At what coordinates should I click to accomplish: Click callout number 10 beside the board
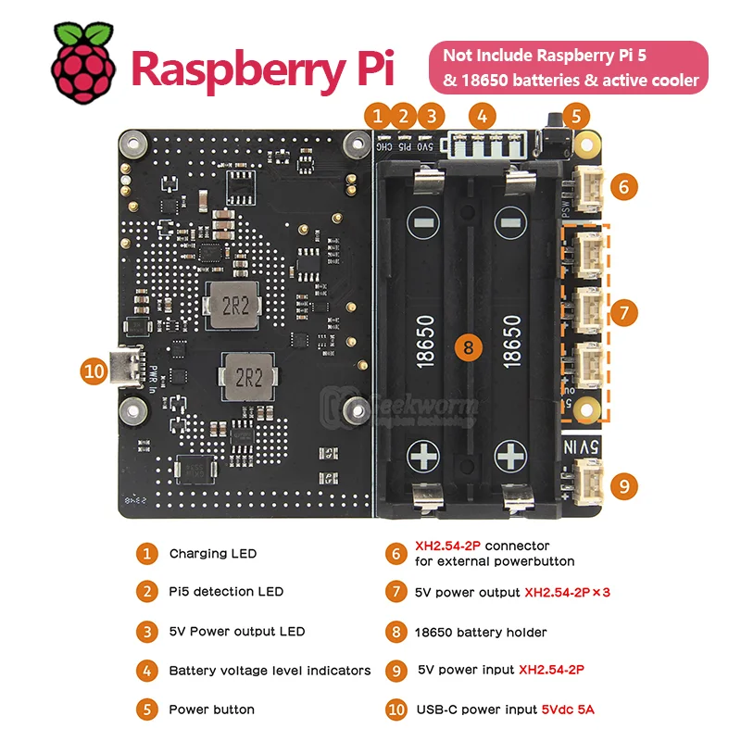[94, 371]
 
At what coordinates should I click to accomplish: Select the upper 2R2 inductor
[233, 307]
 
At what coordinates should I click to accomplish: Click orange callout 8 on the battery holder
[469, 347]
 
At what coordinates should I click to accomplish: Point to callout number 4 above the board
[482, 116]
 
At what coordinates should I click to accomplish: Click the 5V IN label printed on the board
[584, 449]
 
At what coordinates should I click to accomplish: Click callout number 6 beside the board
[624, 186]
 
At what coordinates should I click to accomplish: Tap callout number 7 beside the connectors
[624, 312]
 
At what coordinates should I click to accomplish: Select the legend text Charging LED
[212, 554]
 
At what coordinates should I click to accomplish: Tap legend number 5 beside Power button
[146, 710]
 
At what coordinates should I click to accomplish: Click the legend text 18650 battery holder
[481, 633]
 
